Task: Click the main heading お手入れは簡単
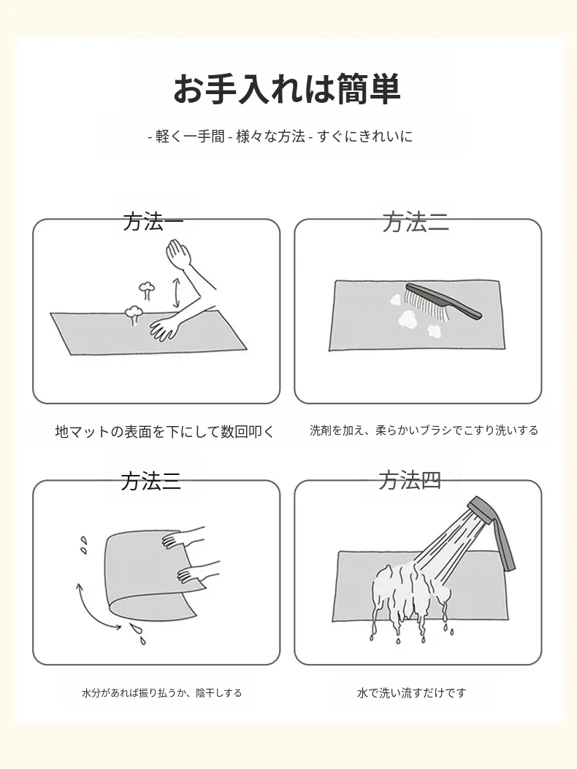[x=287, y=89]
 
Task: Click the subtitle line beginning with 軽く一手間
[x=280, y=136]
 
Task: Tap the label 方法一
[x=153, y=222]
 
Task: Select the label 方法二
[x=416, y=223]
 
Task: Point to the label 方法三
[x=150, y=481]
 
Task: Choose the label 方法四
[x=410, y=480]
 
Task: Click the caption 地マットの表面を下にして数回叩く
[x=164, y=432]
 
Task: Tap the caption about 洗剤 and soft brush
[x=424, y=430]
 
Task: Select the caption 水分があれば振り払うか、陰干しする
[x=161, y=693]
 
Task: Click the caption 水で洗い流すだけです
[x=411, y=693]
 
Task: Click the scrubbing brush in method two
[x=442, y=301]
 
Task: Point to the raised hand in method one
[x=180, y=254]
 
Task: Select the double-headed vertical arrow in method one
[x=175, y=293]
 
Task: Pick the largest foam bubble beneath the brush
[x=407, y=320]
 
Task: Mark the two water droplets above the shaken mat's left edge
[x=84, y=544]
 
